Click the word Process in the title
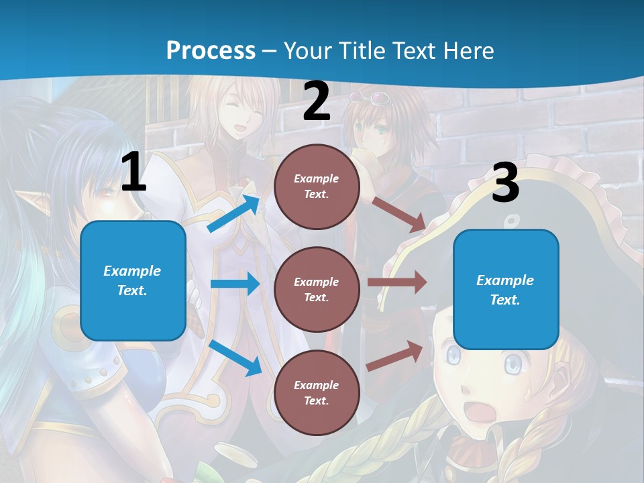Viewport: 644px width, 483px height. point(211,51)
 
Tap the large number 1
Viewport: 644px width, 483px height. point(133,172)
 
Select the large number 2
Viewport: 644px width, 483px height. point(317,102)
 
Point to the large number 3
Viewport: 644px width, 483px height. point(505,182)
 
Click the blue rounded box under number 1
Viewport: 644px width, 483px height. point(133,280)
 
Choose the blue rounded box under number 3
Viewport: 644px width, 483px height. point(506,289)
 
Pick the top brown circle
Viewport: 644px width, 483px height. point(317,186)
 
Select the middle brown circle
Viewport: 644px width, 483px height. point(317,289)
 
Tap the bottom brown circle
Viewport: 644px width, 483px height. point(317,392)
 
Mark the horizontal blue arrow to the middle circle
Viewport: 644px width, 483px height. point(235,284)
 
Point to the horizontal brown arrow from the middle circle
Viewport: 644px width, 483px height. point(397,282)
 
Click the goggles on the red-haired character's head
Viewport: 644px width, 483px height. point(378,100)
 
